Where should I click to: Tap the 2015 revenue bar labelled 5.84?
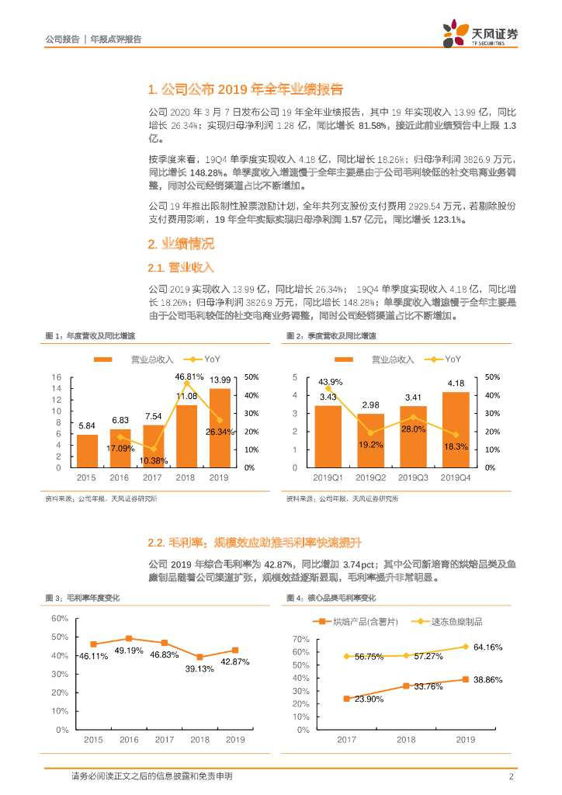coord(87,450)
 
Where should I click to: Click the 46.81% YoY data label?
coord(189,377)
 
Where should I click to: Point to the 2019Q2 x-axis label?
coord(370,478)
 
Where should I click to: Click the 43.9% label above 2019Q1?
coord(330,381)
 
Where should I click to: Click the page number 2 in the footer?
coord(512,776)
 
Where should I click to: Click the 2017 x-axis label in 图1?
coord(154,478)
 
